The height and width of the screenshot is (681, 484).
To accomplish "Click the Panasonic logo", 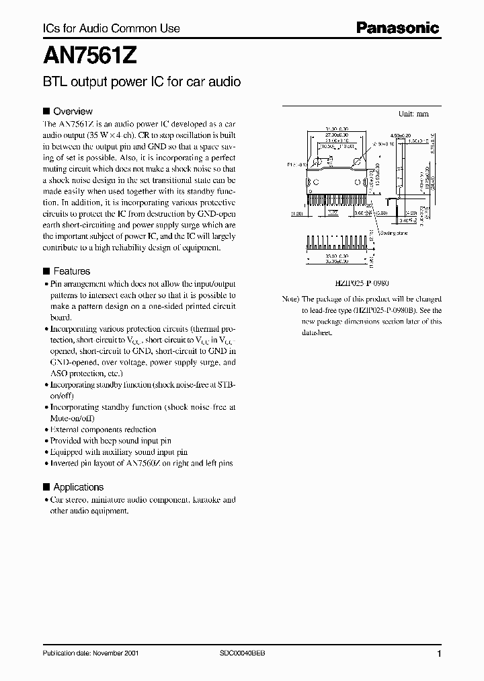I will click(397, 28).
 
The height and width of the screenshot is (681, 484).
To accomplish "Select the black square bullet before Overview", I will click(46, 111).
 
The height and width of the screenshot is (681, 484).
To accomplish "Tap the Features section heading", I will click(71, 271).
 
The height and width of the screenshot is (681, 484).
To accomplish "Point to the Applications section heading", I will click(78, 487).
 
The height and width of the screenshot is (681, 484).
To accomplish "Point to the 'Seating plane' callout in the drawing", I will click(395, 233).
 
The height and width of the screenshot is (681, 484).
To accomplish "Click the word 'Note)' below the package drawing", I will click(290, 299).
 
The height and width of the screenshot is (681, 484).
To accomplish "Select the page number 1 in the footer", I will click(439, 654).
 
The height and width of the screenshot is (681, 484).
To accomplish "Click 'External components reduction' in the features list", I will click(104, 429).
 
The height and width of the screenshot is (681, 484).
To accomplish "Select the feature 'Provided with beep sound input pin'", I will click(111, 441).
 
